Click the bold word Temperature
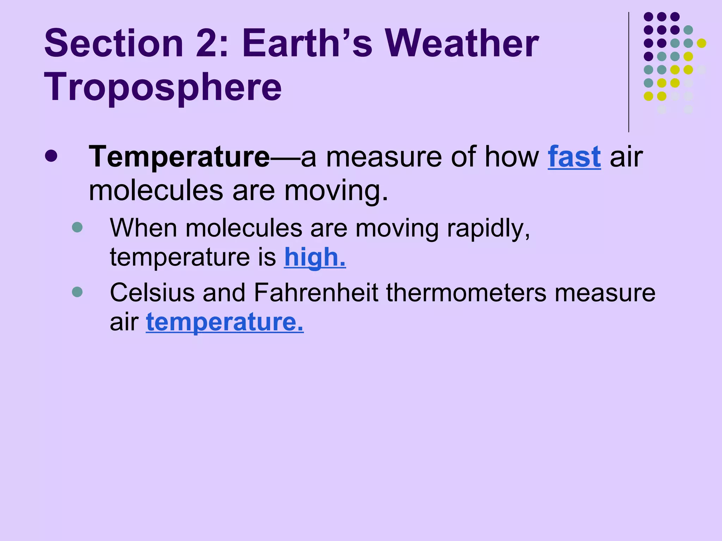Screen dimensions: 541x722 (x=179, y=157)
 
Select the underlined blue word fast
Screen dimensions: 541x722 (x=574, y=157)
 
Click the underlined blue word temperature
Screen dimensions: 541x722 (x=225, y=322)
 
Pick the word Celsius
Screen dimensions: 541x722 (x=152, y=293)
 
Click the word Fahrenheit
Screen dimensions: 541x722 (x=316, y=293)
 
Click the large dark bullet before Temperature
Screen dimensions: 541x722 (x=51, y=156)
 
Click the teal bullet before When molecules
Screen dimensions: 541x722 (x=77, y=227)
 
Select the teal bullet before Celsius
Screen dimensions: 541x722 (x=77, y=292)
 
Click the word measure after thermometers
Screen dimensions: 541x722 (x=605, y=293)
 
